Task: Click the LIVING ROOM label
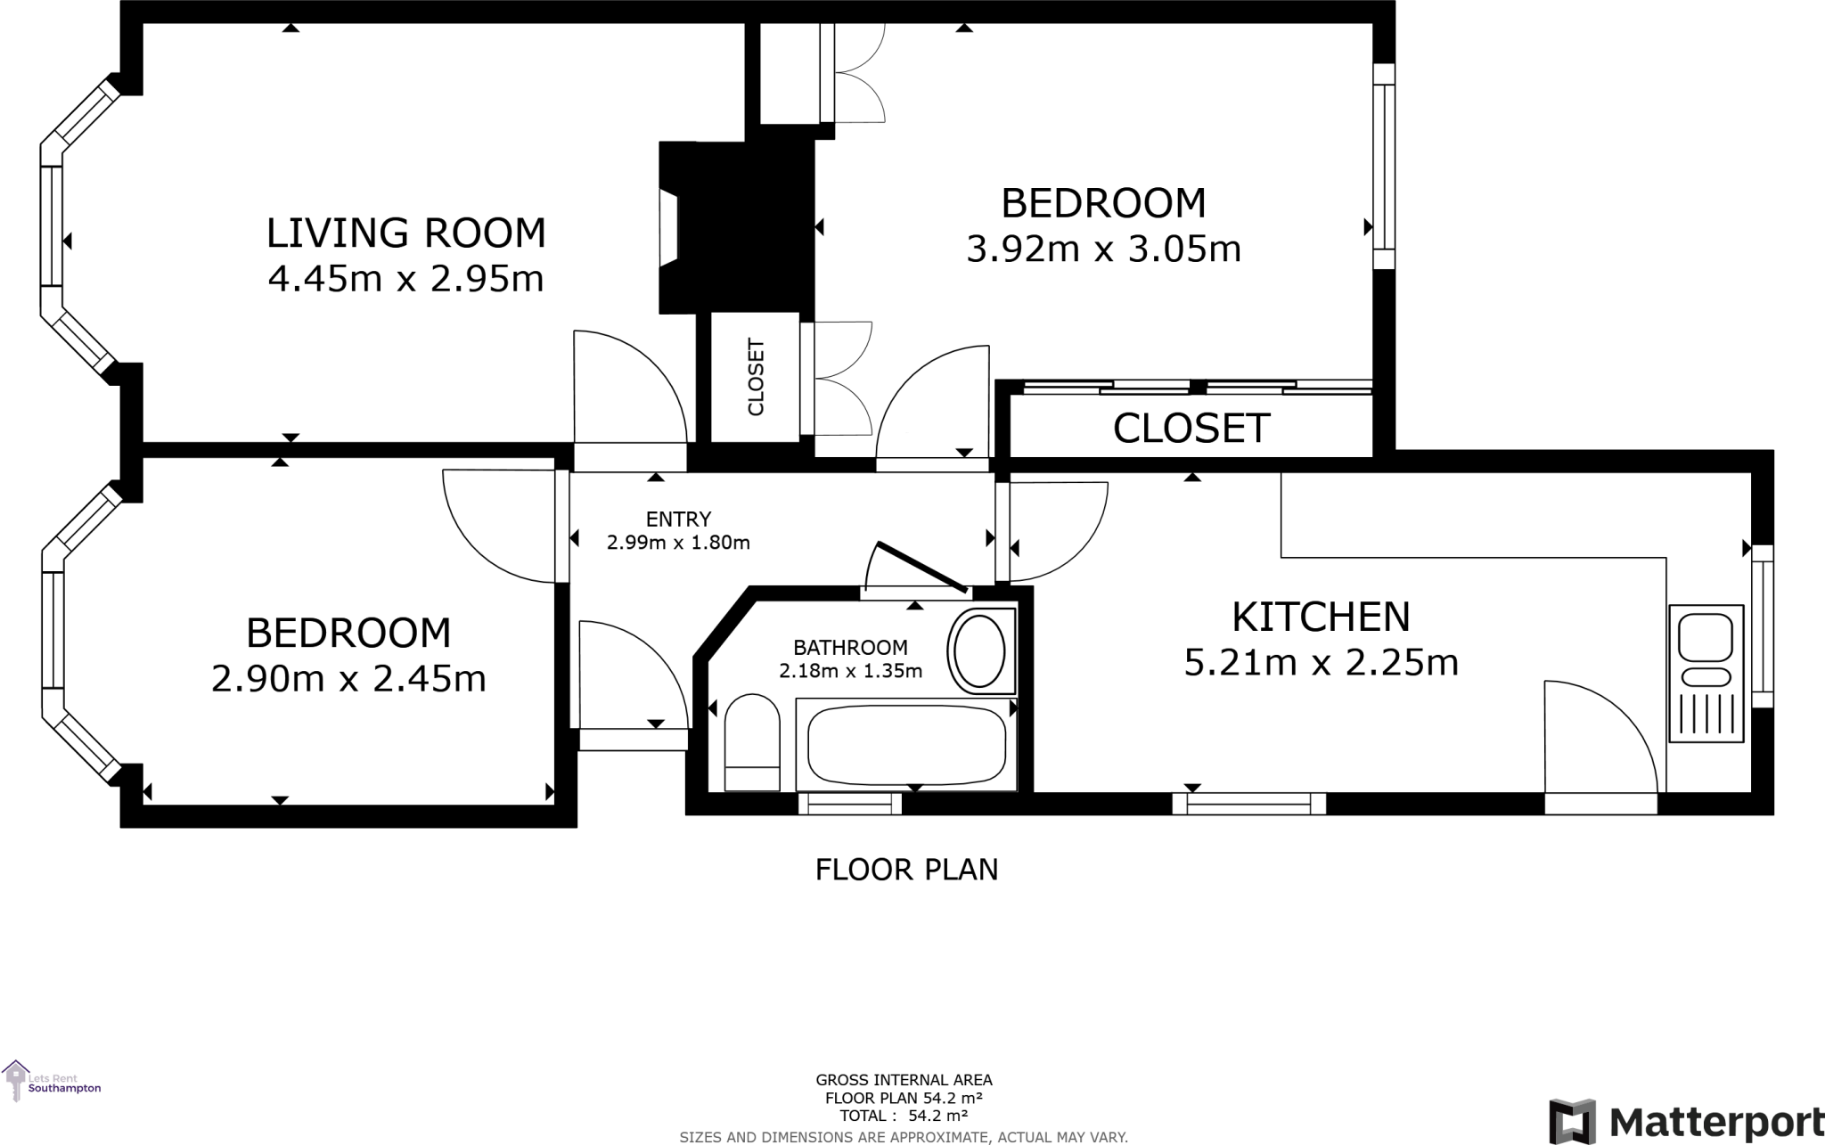coord(405,233)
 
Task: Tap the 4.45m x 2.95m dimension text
coord(405,279)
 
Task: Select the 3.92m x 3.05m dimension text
coord(1103,249)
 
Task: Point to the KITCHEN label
coord(1321,617)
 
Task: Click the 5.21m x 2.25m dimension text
coord(1321,663)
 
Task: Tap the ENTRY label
coord(678,519)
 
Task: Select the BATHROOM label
coord(850,648)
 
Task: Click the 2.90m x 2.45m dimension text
coord(348,679)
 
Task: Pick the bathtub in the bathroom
coord(906,745)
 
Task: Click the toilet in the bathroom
coord(752,742)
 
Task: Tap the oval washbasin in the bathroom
coord(980,650)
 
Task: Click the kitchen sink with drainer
coord(1706,673)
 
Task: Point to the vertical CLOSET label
coord(756,376)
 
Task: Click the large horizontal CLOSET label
coord(1191,429)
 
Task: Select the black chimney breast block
coord(737,227)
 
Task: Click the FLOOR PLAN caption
coord(906,870)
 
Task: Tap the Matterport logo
coord(1686,1122)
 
